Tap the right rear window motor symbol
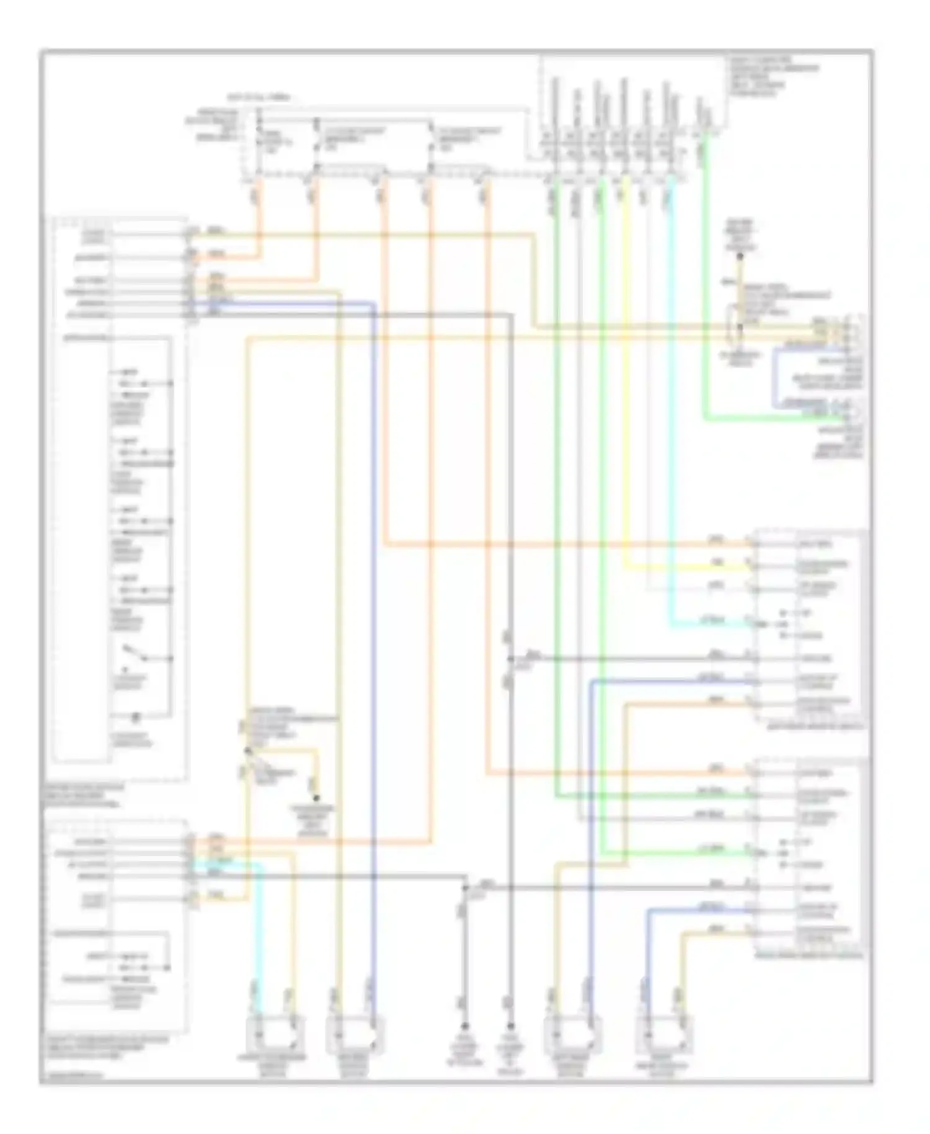click(663, 1034)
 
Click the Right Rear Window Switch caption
click(808, 956)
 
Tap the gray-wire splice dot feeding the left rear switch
click(510, 658)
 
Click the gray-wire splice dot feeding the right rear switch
click(466, 888)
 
